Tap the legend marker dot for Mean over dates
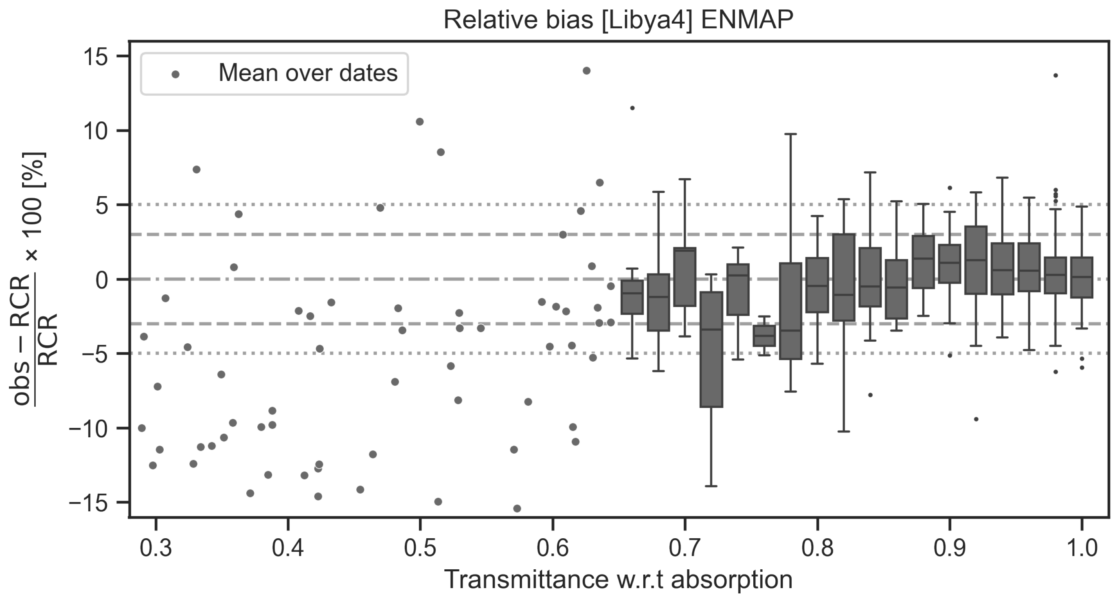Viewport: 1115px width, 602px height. pos(175,74)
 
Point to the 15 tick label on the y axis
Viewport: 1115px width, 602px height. pos(96,57)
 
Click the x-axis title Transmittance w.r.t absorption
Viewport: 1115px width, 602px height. pos(618,580)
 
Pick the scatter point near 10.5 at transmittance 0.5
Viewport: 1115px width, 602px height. pos(419,122)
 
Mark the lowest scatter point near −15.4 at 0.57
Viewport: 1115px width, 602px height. pos(517,508)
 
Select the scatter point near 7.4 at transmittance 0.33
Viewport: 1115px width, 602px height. pos(196,170)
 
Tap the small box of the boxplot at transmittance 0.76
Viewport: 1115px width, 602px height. pos(764,336)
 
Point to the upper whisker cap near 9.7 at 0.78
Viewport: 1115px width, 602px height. pos(791,134)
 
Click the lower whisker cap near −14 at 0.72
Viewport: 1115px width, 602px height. pos(711,486)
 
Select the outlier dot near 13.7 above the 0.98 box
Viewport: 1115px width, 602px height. pos(1056,76)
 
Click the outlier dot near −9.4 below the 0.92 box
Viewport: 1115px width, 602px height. pos(976,419)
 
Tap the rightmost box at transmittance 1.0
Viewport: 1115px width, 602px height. pos(1082,277)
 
